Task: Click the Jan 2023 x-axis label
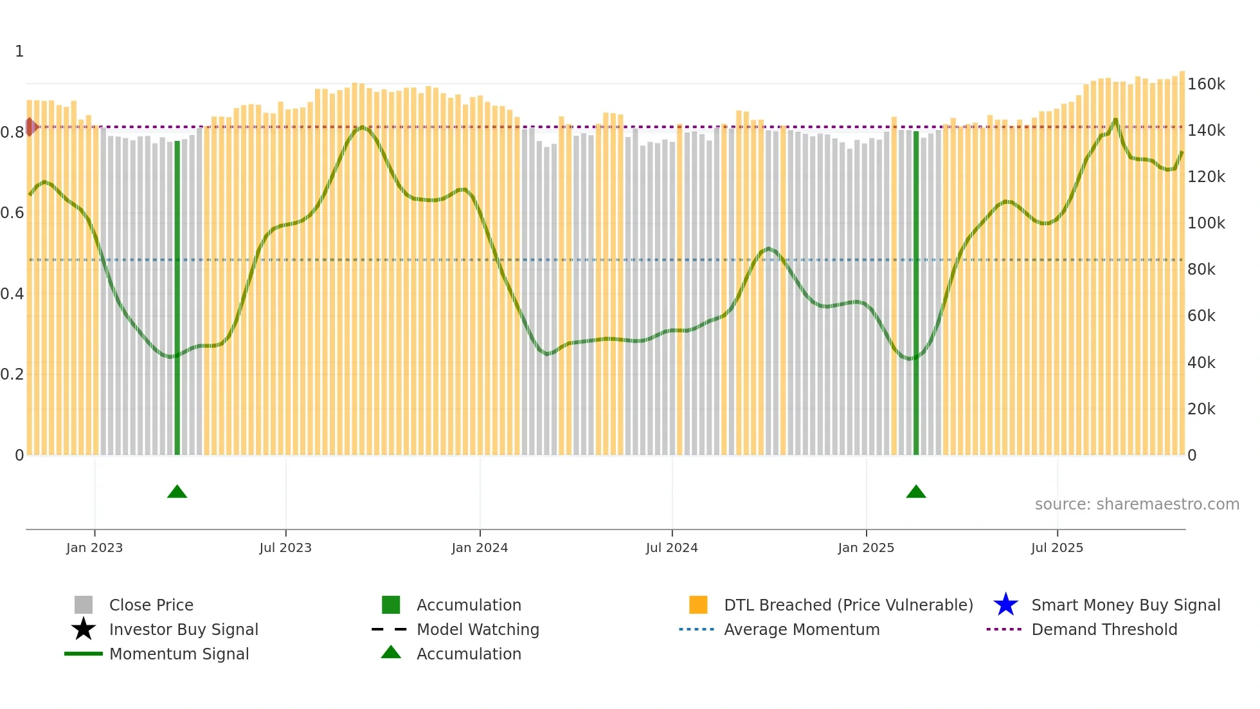point(94,548)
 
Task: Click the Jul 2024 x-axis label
point(671,548)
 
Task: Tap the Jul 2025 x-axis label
point(1057,548)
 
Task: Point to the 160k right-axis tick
point(1206,84)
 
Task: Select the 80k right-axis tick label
point(1201,270)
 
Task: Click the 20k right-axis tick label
point(1201,409)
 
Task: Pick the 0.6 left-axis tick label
point(12,213)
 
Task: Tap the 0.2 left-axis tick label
point(12,374)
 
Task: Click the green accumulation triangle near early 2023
point(177,492)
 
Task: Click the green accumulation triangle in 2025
point(915,492)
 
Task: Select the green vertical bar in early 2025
point(916,293)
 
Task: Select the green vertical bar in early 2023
point(177,297)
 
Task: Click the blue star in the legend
point(1005,605)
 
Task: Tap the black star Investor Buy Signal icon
point(84,629)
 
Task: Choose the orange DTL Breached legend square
point(698,605)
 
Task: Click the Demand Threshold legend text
point(1104,629)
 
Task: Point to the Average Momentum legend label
point(801,629)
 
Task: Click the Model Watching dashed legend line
point(390,629)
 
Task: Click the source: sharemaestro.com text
point(1137,504)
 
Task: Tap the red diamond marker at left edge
point(30,127)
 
